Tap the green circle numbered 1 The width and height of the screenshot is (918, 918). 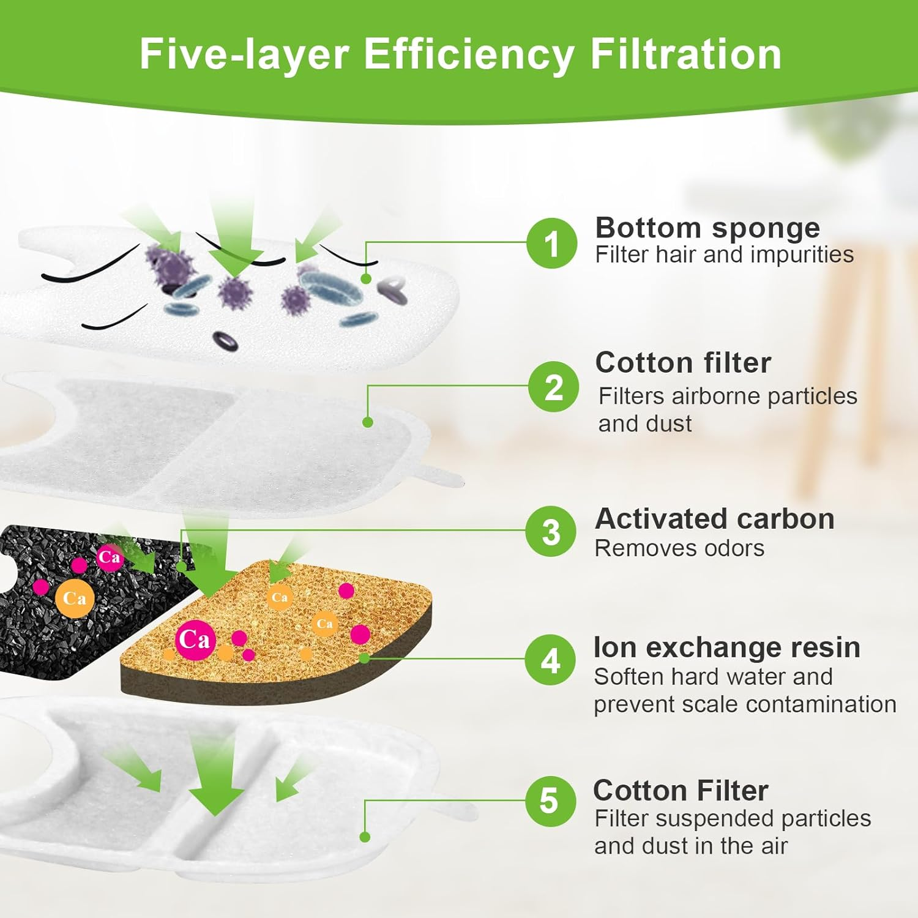(552, 244)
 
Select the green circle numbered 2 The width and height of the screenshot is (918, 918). (554, 387)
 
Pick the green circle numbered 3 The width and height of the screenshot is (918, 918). (551, 531)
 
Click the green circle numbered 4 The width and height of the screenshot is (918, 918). (551, 660)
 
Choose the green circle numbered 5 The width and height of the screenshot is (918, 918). (550, 800)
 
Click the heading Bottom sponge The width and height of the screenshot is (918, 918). (707, 228)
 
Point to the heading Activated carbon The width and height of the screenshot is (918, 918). (714, 519)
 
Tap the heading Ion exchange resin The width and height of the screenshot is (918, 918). (726, 647)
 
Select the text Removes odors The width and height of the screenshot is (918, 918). (679, 548)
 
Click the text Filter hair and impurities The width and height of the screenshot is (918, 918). (724, 255)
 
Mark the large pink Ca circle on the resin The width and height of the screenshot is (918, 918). (195, 640)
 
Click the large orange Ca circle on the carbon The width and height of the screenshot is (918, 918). (75, 598)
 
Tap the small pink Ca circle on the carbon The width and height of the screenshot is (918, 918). (110, 557)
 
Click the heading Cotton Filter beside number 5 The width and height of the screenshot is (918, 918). (681, 791)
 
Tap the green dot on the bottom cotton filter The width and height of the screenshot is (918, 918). (365, 837)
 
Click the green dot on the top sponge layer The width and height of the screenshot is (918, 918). (366, 278)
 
